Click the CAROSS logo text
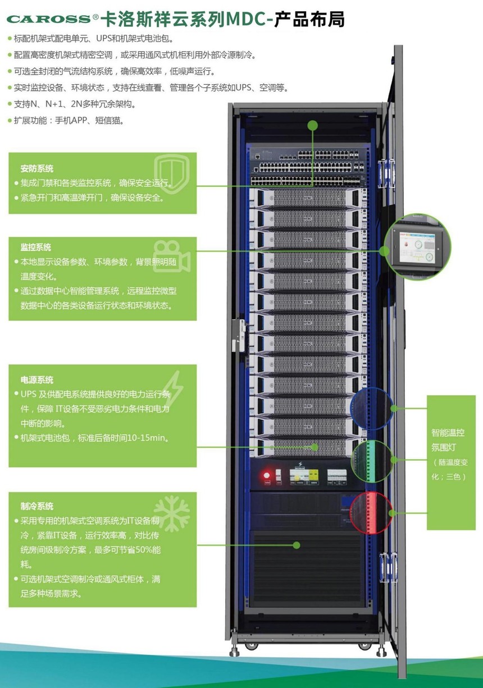[48, 19]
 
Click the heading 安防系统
[37, 168]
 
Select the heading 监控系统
[36, 247]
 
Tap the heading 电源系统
[37, 380]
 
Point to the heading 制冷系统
[37, 506]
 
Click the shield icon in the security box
[172, 173]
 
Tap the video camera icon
[171, 256]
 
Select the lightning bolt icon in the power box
[173, 388]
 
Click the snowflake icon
[172, 514]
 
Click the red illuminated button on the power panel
[267, 475]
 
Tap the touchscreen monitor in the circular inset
[417, 246]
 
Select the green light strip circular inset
[372, 461]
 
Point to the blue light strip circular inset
[372, 408]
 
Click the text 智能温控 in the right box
[448, 433]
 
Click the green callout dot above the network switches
[313, 125]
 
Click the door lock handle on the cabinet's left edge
[239, 336]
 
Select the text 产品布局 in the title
[309, 20]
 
